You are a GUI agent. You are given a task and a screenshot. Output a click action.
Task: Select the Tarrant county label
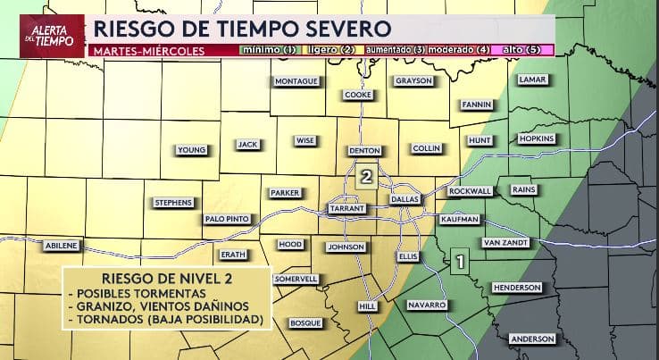tap(346, 207)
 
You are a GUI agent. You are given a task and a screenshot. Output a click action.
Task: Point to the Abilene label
tap(63, 245)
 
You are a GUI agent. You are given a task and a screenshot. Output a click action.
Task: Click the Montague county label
tap(296, 81)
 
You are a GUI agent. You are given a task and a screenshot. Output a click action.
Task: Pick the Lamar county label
tap(531, 80)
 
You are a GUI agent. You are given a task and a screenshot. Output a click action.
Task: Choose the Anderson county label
tap(531, 339)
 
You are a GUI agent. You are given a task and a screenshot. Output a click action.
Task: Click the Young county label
tap(192, 149)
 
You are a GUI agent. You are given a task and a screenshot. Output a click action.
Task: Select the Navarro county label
tap(426, 306)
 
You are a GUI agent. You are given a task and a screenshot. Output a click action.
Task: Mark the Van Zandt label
tap(505, 243)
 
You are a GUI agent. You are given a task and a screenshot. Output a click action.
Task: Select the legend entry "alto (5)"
tap(521, 50)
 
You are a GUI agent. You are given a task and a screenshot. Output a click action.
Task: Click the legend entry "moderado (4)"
tap(458, 50)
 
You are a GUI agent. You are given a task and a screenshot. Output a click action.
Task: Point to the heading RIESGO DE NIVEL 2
tap(164, 277)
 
